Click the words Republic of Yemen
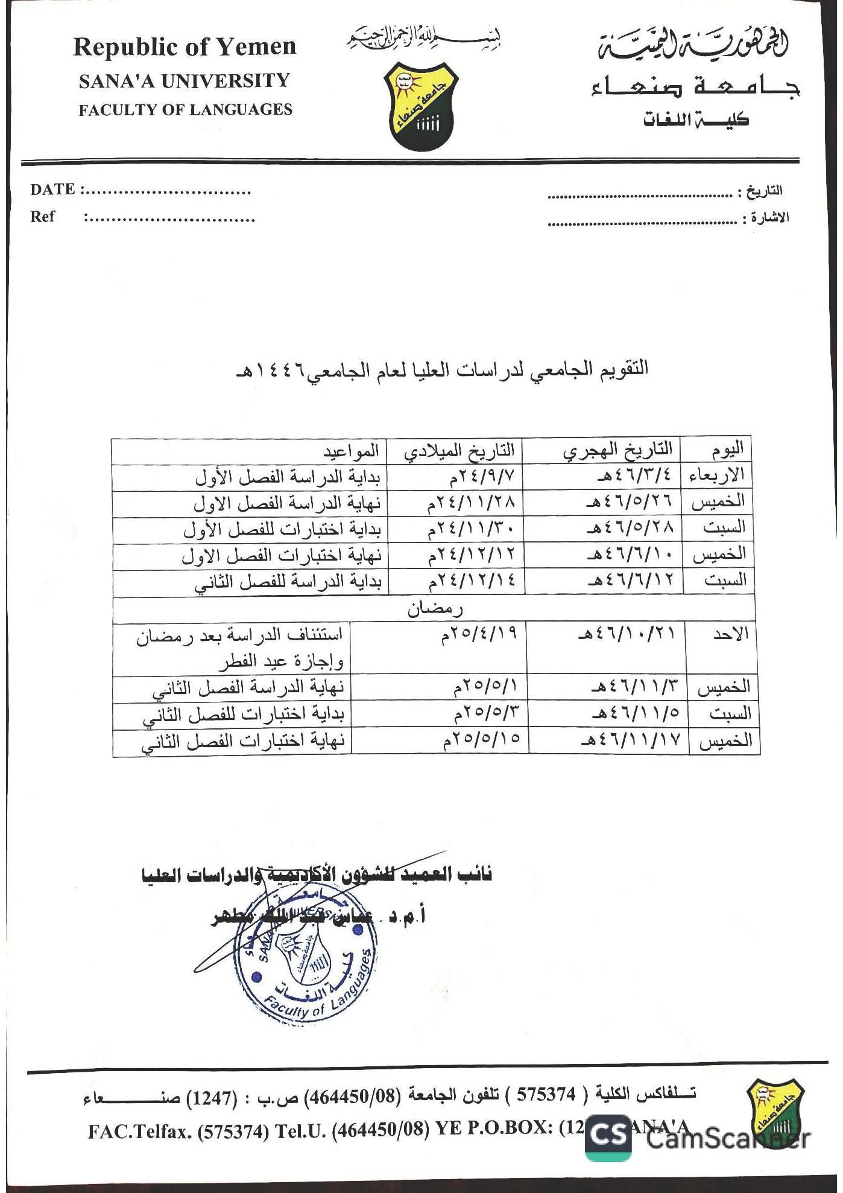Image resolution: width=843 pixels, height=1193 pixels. coord(185,47)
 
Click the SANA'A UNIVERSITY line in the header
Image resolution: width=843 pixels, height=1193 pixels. coord(185,81)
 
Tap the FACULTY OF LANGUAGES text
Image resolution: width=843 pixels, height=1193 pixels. coord(185,110)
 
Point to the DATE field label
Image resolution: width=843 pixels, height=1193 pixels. coord(53,189)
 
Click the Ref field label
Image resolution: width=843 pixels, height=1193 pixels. coord(42,217)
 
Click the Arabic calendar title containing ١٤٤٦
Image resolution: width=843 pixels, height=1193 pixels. coord(441,369)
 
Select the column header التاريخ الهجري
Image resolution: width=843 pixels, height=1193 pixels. coord(618,450)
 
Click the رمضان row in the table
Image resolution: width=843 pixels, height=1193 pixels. coord(434,608)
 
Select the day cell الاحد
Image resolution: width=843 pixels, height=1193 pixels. coord(730,634)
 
